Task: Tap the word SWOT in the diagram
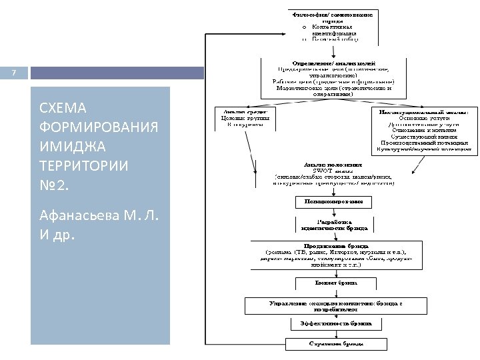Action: [x=313, y=170]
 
